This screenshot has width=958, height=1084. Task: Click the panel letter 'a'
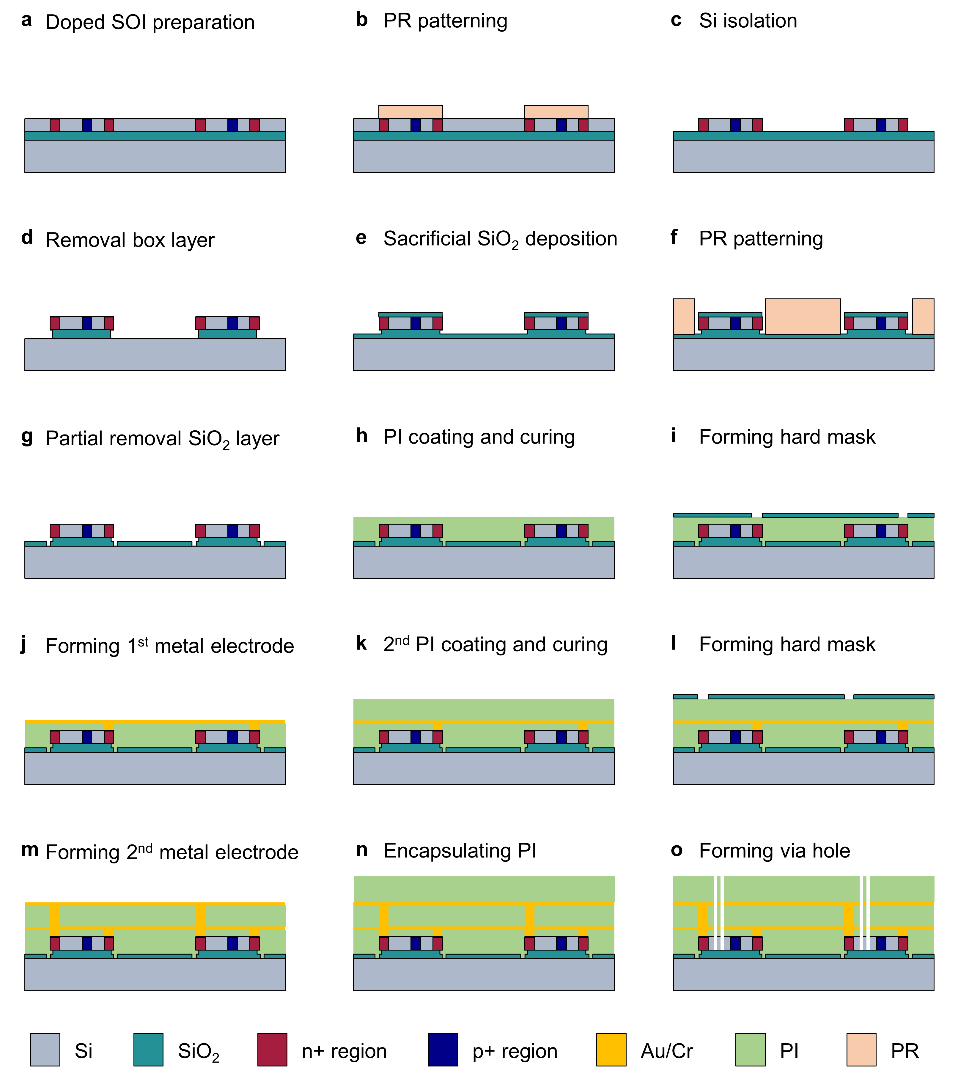pyautogui.click(x=26, y=20)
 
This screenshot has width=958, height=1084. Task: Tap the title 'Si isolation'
pyautogui.click(x=748, y=21)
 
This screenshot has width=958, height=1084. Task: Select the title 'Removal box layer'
pyautogui.click(x=130, y=240)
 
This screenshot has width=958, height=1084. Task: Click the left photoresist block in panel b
pyautogui.click(x=410, y=112)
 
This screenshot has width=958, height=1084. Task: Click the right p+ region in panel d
pyautogui.click(x=232, y=323)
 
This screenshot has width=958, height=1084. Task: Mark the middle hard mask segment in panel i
pyautogui.click(x=830, y=515)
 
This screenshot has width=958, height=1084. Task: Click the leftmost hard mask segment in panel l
pyautogui.click(x=685, y=697)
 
